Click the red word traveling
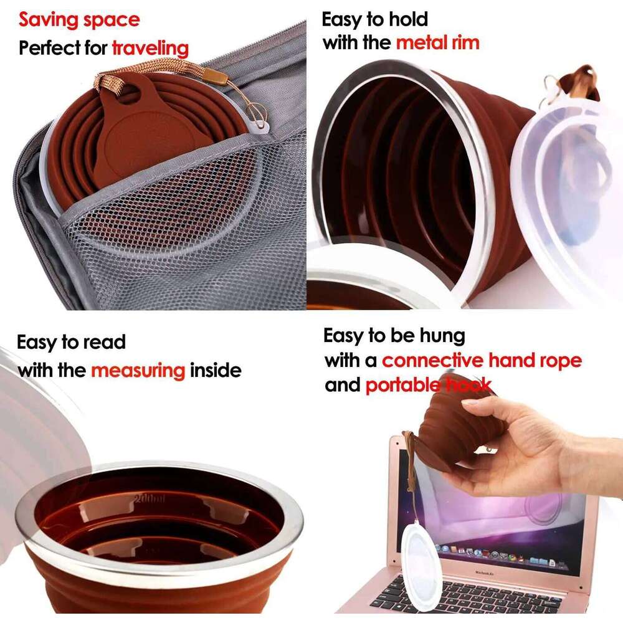tap(150, 48)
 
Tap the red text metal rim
tap(438, 43)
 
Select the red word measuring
tap(138, 371)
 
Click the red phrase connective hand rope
tap(482, 360)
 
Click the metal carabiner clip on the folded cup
tap(257, 113)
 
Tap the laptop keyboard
tap(473, 598)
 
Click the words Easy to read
tap(71, 343)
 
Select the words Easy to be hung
tap(394, 336)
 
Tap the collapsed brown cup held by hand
tap(458, 424)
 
